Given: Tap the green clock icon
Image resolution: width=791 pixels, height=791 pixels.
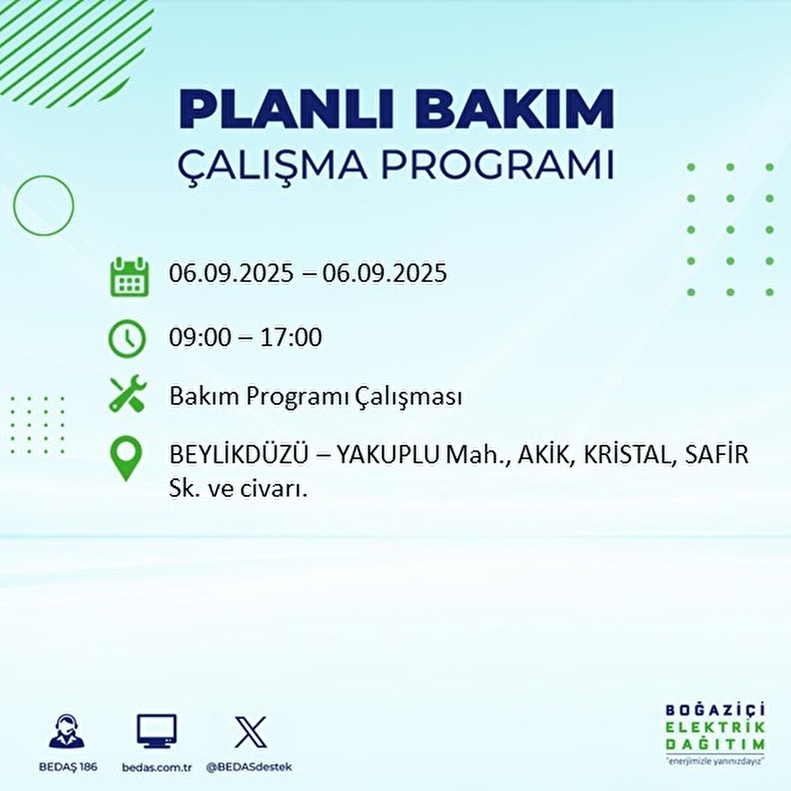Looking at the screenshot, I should pyautogui.click(x=127, y=339).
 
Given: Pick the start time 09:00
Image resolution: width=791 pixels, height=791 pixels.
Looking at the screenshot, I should pyautogui.click(x=200, y=337).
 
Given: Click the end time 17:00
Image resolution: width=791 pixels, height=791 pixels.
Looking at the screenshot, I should pyautogui.click(x=291, y=337).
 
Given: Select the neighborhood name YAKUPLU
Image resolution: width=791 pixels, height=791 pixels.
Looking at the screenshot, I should pyautogui.click(x=388, y=455).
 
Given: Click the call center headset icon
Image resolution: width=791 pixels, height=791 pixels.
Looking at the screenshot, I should pyautogui.click(x=67, y=732).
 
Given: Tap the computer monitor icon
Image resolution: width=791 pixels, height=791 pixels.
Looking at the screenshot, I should pyautogui.click(x=157, y=732).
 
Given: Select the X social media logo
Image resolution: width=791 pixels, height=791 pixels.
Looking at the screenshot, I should pyautogui.click(x=250, y=732).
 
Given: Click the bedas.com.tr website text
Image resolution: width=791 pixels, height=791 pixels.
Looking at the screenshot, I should pyautogui.click(x=157, y=767).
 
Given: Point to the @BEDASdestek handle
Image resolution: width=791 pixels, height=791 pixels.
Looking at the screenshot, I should pyautogui.click(x=249, y=767).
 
